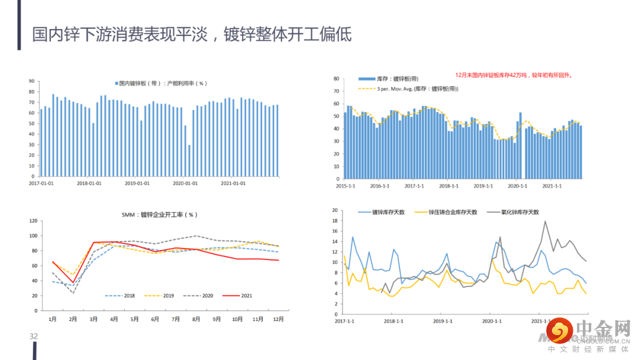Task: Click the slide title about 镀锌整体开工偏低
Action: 192,34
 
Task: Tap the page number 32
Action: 34,336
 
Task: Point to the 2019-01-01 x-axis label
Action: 137,183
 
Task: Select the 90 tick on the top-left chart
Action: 32,81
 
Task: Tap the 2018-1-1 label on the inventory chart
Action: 449,186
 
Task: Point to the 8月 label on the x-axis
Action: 196,319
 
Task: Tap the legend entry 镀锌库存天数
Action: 388,212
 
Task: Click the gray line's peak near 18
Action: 545,221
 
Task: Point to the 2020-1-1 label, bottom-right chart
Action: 492,321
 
